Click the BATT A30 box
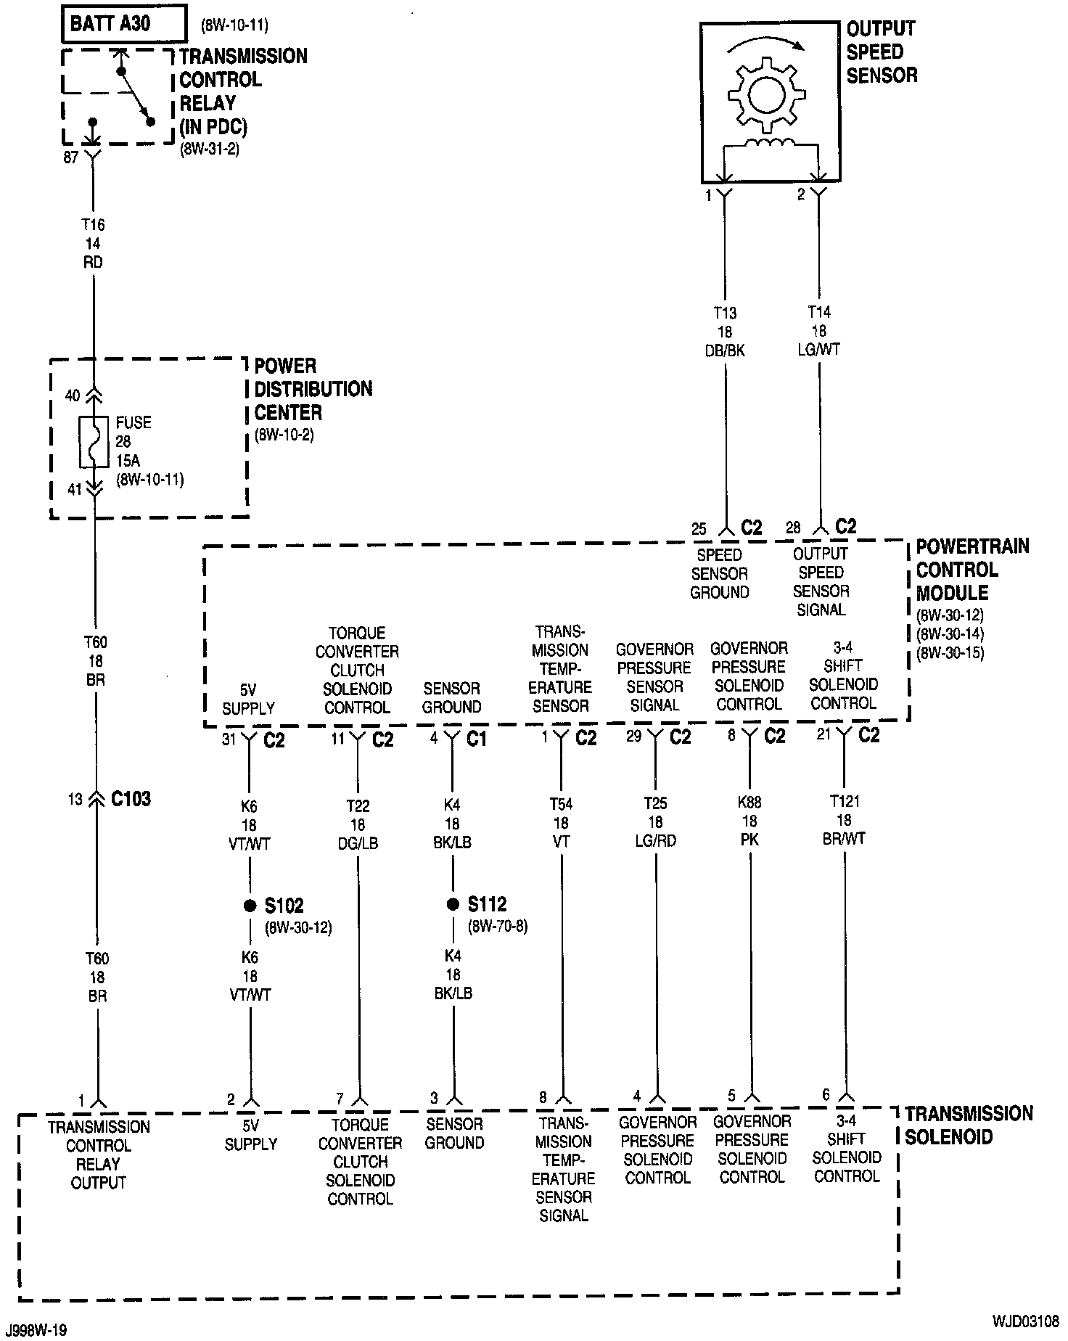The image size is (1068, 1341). point(123,24)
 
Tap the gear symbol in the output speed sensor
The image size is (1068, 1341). point(767,94)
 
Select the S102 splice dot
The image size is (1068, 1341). point(250,905)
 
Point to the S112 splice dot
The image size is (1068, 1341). point(453,904)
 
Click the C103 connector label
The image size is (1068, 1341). point(131,799)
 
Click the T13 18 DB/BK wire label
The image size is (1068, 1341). point(725,331)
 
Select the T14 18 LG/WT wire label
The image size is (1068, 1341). point(820,330)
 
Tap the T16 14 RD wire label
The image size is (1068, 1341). point(93,244)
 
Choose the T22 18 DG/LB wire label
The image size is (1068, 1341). point(358,824)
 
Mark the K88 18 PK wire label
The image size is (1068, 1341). point(749,821)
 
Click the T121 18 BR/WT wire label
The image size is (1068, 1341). point(844,820)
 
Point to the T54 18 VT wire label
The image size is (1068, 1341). point(561,823)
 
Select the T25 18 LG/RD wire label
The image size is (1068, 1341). point(655,822)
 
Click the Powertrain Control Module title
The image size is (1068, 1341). point(971,570)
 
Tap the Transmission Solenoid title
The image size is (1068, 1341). point(968,1125)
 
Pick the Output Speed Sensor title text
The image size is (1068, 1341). point(881,52)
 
